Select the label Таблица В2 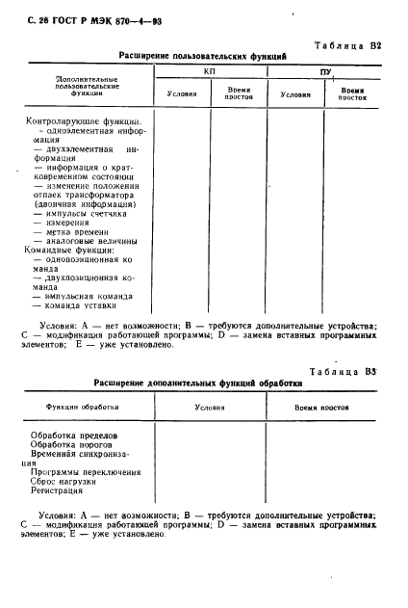pyautogui.click(x=351, y=44)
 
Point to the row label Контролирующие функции pyautogui.click(x=81, y=122)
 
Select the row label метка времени pyautogui.click(x=72, y=232)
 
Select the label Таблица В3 pyautogui.click(x=351, y=371)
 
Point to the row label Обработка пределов pyautogui.click(x=73, y=435)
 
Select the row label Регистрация pyautogui.click(x=60, y=490)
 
